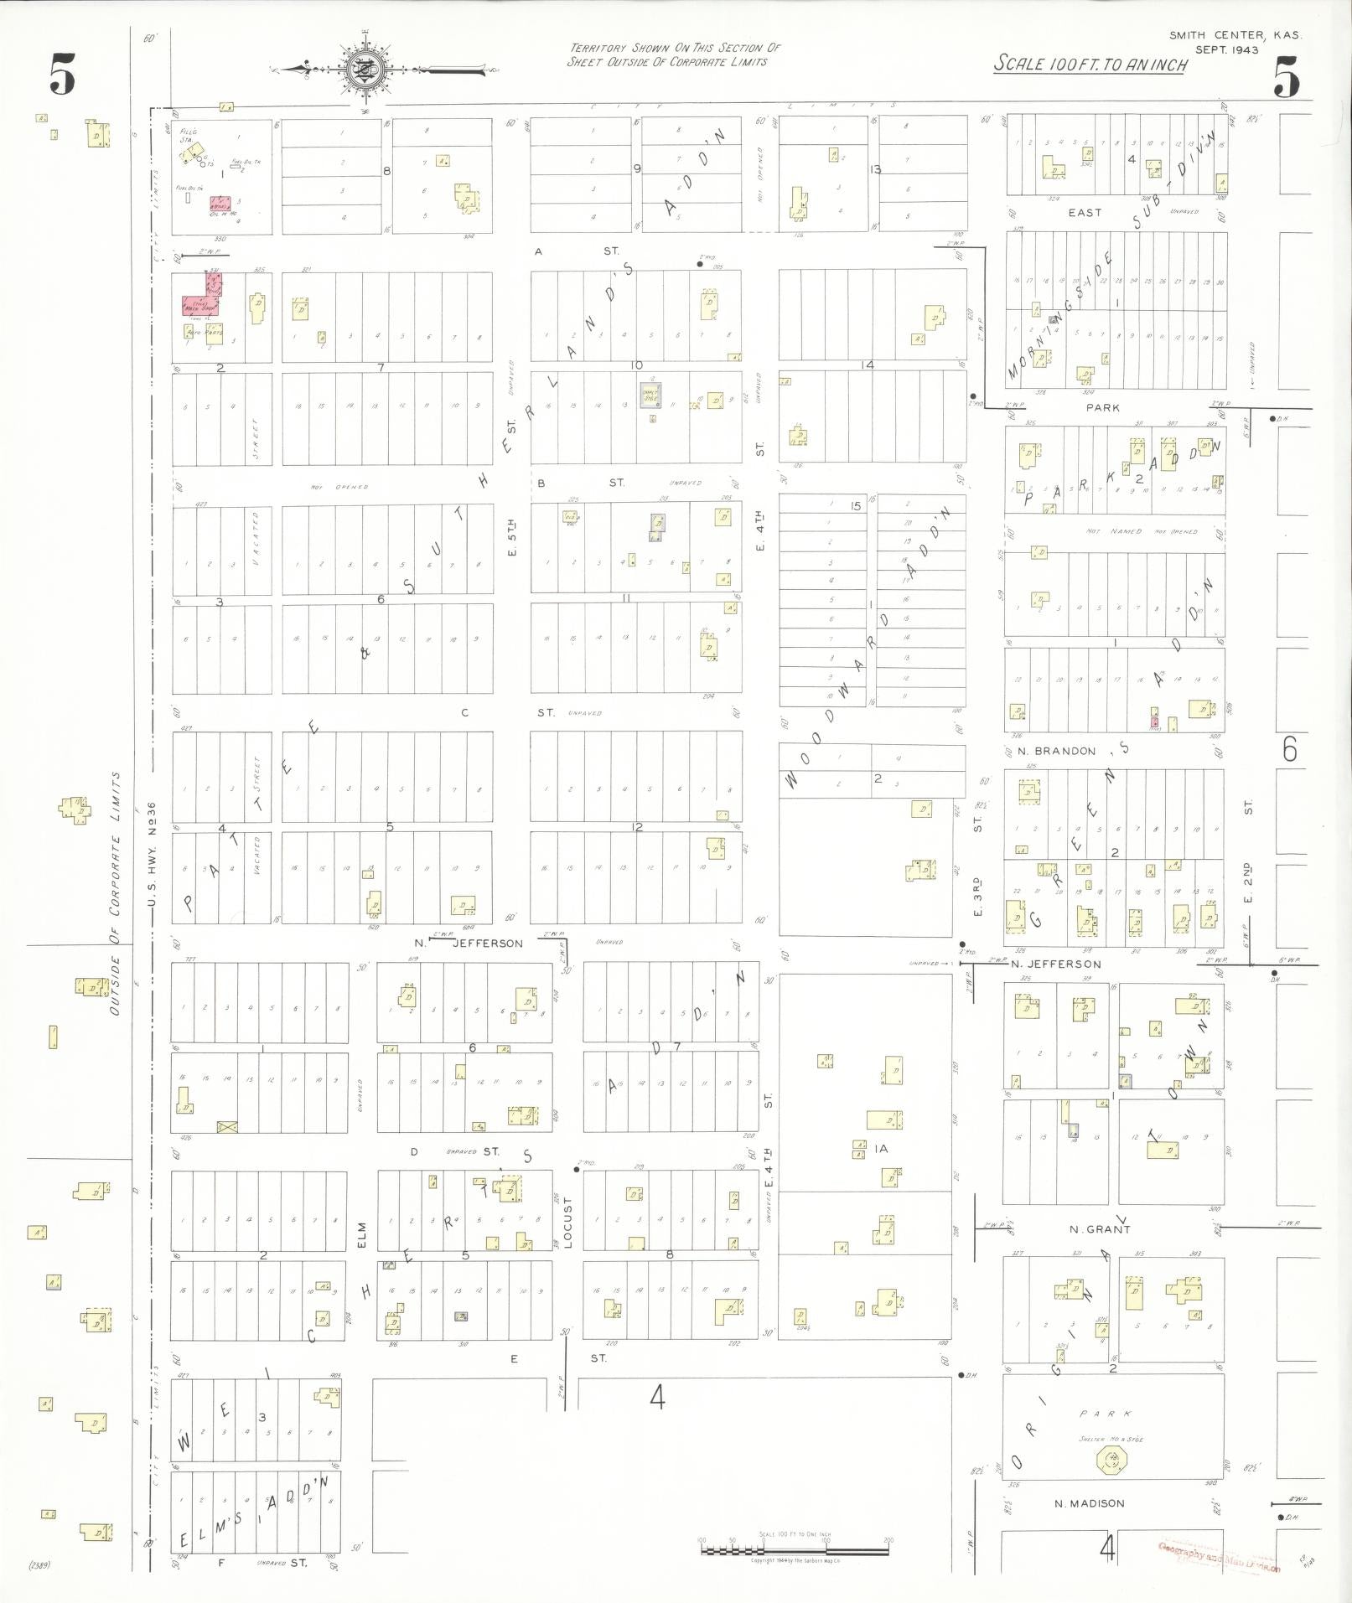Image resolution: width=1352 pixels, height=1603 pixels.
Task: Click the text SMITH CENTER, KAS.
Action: click(1236, 35)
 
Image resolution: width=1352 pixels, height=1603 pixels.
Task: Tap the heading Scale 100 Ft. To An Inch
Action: click(1090, 65)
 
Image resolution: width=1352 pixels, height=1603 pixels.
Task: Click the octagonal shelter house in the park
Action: click(1112, 1461)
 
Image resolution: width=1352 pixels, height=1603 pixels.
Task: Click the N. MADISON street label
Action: click(1090, 1503)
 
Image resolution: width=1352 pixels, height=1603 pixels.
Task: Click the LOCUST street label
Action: click(567, 1223)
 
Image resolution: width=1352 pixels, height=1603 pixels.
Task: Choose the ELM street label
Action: click(362, 1231)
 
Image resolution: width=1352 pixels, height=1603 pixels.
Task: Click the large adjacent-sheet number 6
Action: click(1289, 748)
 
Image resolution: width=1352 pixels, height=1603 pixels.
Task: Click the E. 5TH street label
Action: click(512, 536)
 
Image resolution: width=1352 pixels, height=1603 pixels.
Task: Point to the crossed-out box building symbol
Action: click(227, 1127)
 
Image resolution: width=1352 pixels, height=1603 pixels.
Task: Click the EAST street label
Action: click(1084, 213)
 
